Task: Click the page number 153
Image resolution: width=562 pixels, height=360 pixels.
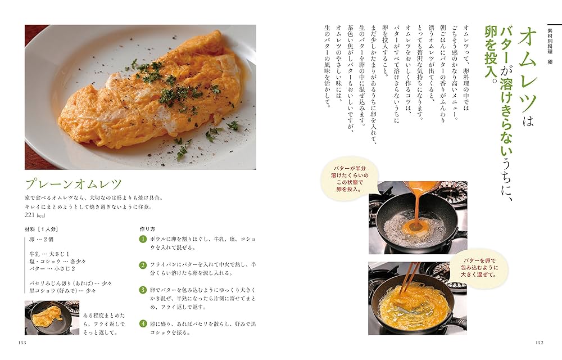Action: [22, 343]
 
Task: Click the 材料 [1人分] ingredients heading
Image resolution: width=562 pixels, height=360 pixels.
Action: [42, 229]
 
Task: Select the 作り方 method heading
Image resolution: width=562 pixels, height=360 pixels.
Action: [147, 229]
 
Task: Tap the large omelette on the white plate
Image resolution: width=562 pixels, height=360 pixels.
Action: [152, 93]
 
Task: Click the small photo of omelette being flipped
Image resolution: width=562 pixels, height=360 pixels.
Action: [48, 318]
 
